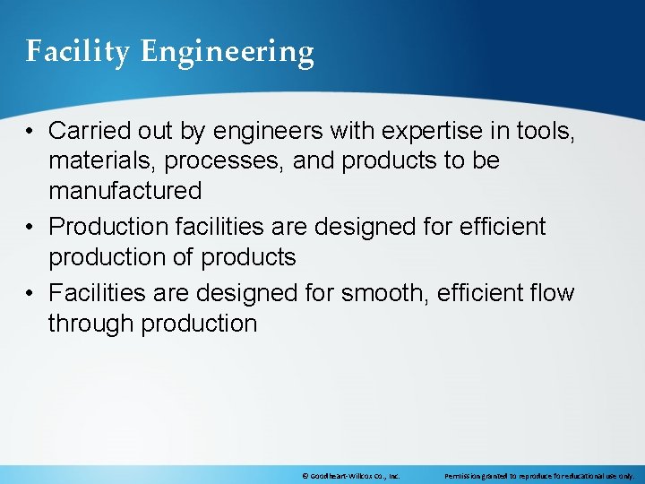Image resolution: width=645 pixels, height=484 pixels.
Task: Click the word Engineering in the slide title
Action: (x=228, y=52)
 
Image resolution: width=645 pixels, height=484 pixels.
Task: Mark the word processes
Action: (x=217, y=161)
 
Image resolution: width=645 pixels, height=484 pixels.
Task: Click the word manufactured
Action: (x=125, y=191)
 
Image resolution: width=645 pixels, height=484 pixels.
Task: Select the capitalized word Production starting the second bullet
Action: (x=107, y=227)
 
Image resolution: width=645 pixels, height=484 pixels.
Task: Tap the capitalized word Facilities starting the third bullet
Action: (x=98, y=293)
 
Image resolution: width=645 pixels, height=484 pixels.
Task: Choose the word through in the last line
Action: (x=90, y=323)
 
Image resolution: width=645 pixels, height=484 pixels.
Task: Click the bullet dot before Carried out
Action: (x=30, y=132)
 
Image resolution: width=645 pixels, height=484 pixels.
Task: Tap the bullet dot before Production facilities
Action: (x=30, y=228)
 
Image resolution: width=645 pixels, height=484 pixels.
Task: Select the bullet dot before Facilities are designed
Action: (x=30, y=294)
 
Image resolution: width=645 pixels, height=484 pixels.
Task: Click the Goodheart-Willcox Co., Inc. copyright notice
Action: (x=350, y=476)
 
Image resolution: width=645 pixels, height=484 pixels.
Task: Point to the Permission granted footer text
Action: (x=538, y=476)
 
